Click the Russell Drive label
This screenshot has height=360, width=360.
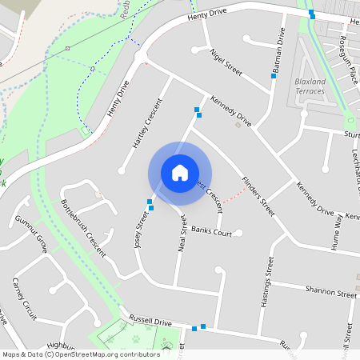tap(152, 321)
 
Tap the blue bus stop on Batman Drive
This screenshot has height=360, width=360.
tap(273, 77)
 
